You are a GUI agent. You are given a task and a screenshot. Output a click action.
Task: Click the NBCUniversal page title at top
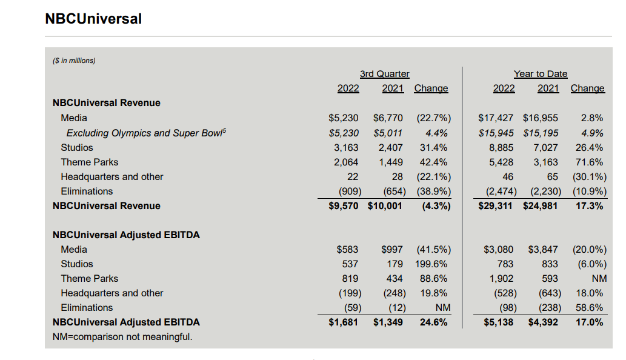point(93,19)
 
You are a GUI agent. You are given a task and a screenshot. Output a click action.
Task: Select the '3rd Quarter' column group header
point(384,74)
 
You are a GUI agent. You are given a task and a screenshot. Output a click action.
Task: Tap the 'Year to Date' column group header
point(540,74)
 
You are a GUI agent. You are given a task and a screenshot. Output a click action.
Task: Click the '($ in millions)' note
point(75,61)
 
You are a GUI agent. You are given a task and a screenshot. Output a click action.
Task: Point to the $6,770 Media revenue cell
point(388,118)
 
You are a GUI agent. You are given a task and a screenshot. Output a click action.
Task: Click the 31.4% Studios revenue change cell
point(433,148)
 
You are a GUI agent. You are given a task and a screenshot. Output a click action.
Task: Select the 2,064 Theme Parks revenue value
point(346,162)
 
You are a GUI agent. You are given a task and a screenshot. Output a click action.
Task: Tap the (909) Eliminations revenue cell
point(350,192)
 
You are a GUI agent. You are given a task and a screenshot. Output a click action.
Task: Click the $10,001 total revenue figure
point(385,206)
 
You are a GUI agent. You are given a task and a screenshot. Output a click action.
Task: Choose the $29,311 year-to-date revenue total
point(495,206)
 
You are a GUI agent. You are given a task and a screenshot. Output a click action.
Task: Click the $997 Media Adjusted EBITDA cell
point(392,250)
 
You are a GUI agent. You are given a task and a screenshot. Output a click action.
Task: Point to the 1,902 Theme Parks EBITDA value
point(501,279)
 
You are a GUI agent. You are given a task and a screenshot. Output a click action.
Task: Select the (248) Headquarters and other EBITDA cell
point(395,293)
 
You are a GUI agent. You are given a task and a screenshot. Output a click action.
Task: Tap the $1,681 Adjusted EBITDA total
point(344,322)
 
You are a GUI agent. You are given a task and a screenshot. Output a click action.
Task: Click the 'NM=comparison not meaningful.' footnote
point(122,337)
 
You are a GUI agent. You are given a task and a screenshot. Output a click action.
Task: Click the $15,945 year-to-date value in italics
point(496,133)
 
